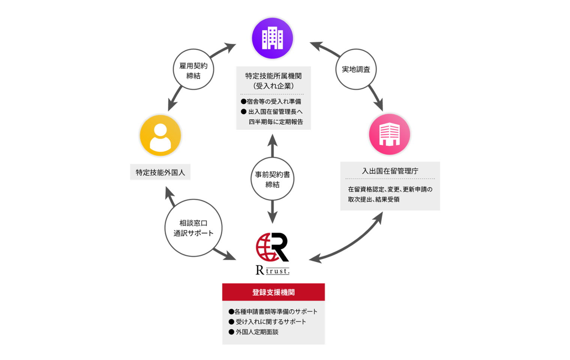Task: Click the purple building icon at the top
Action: pos(272,38)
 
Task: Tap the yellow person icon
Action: pos(160,135)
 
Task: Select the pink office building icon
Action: pos(390,134)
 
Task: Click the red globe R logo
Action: pos(272,247)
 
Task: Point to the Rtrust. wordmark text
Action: pos(273,270)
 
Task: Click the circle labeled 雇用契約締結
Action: pos(193,70)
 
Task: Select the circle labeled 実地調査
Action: pos(356,69)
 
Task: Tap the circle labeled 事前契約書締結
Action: pos(272,179)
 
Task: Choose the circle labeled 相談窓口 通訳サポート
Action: pos(193,228)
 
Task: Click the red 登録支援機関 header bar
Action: pos(273,292)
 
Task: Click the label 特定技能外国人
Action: pos(160,172)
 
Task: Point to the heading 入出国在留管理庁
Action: pos(390,171)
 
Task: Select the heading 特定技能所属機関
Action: pos(273,76)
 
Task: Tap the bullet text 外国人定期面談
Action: pos(257,332)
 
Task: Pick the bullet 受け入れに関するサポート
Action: pos(270,322)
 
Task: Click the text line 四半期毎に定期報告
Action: pos(276,122)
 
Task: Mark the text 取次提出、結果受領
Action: pos(373,199)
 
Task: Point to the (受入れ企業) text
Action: pos(273,86)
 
